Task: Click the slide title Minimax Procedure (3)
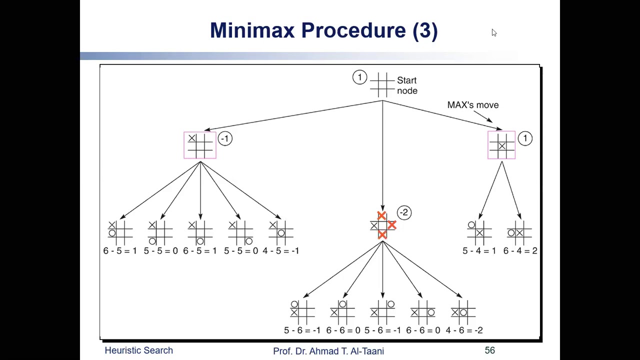[323, 30]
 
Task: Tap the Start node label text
[406, 85]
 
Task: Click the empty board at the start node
[382, 85]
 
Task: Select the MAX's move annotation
[472, 105]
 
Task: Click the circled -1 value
[224, 138]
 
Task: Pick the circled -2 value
[404, 212]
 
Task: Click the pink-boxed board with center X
[501, 145]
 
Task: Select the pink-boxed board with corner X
[200, 145]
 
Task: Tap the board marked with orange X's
[383, 226]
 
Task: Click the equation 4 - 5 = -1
[280, 251]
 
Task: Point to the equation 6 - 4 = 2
[520, 251]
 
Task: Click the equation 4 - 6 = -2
[463, 330]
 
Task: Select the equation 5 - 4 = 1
[479, 251]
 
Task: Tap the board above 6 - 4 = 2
[519, 232]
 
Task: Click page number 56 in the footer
[489, 350]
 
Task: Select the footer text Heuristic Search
[138, 350]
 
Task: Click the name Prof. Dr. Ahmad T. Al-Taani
[328, 351]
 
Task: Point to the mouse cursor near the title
[494, 33]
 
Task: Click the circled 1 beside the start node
[359, 77]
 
